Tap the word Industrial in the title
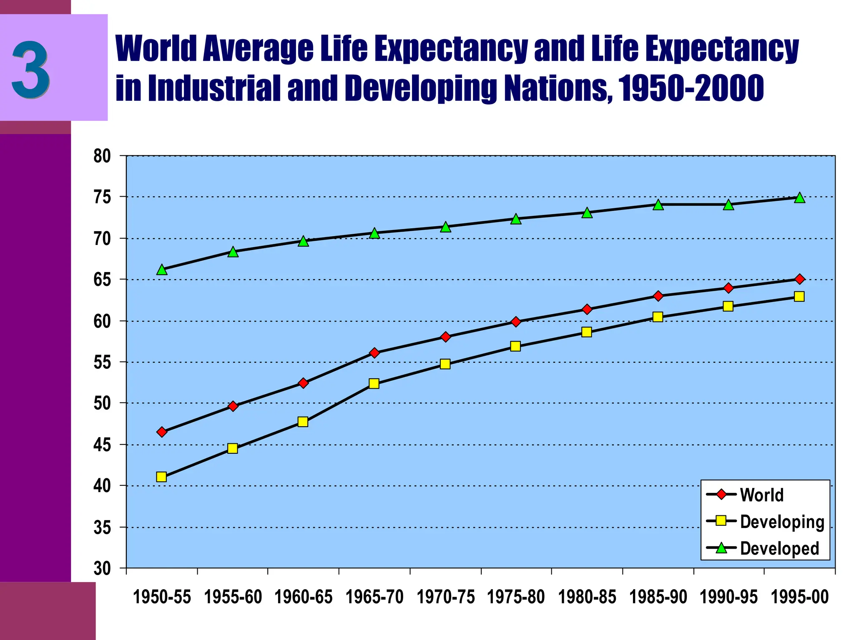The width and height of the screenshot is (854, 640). tap(214, 89)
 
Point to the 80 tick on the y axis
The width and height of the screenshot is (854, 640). tap(102, 156)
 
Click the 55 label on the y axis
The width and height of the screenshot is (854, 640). tap(102, 362)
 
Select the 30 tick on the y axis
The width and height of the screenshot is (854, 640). tap(102, 568)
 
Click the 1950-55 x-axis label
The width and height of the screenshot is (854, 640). tap(162, 597)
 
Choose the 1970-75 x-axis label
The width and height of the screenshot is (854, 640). tap(445, 597)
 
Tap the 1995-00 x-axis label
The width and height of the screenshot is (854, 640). tap(799, 597)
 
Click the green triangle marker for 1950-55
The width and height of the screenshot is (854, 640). tap(162, 270)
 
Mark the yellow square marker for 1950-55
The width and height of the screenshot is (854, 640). tap(161, 477)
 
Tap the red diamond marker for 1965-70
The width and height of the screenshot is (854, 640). tap(374, 353)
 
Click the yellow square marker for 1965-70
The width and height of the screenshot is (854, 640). tap(374, 383)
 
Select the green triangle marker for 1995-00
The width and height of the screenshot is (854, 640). tap(799, 197)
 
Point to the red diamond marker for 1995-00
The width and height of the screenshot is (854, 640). tap(799, 279)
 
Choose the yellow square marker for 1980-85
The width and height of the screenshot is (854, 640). tap(586, 332)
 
